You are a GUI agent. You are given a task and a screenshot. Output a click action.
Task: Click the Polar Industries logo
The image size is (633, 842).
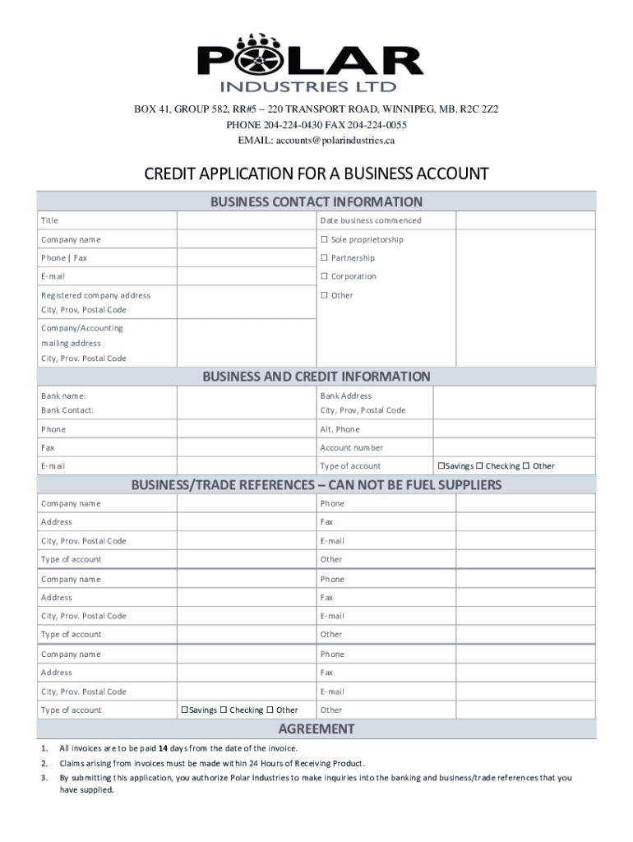point(310,62)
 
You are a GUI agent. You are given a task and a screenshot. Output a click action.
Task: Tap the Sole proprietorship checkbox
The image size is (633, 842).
point(325,240)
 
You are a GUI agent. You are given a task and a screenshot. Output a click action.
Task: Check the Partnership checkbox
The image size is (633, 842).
point(325,258)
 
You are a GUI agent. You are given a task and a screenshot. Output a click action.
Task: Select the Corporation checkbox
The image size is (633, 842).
point(325,277)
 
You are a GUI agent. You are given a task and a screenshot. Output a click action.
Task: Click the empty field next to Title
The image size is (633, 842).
point(246,220)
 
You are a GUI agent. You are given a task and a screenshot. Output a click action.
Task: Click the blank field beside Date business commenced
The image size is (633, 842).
point(525,220)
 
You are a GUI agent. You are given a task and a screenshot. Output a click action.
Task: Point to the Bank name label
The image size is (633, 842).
point(63,396)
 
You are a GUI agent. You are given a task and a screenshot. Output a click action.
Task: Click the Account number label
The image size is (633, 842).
point(351,448)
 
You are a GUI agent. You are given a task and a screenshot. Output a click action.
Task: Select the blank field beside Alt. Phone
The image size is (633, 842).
point(514,429)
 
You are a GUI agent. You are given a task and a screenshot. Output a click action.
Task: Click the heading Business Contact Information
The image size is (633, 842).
point(316,201)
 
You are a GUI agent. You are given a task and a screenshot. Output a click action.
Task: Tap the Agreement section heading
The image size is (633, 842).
point(316,729)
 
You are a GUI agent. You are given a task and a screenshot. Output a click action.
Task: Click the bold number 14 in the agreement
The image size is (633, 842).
point(163,748)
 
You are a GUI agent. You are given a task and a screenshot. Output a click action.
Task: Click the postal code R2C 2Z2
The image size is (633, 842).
point(479,109)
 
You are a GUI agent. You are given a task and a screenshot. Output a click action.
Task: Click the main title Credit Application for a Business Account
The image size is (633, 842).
point(316,174)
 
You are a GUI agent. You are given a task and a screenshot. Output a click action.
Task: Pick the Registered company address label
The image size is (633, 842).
point(95,295)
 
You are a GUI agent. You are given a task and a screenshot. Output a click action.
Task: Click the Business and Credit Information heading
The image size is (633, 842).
point(316,377)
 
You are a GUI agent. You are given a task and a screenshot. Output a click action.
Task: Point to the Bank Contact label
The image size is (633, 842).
point(67,410)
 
